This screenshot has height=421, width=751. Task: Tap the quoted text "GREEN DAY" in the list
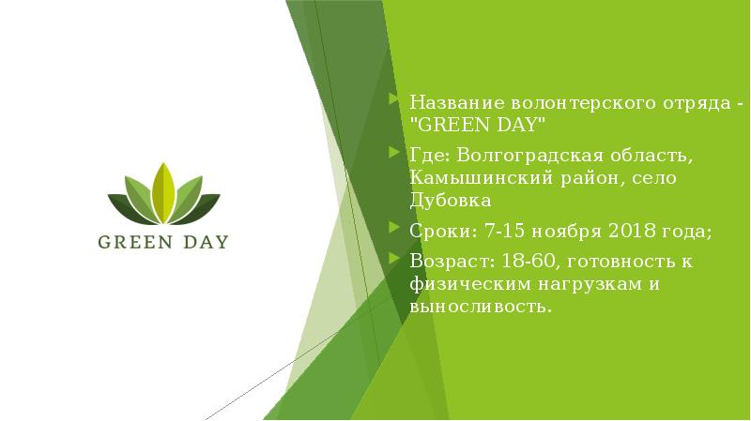476,125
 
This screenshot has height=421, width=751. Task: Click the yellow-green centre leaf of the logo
163,191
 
